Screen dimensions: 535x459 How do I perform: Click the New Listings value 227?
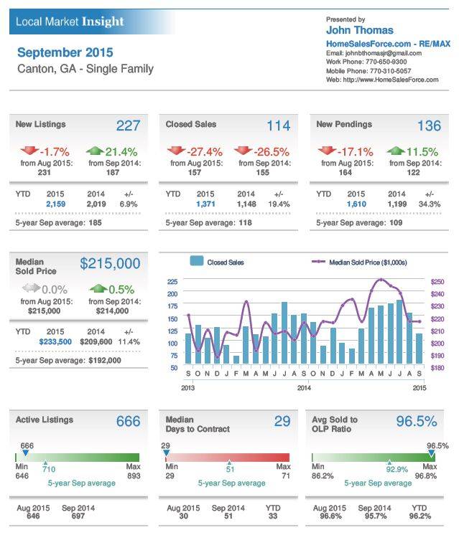click(128, 126)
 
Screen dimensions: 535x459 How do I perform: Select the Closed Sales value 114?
click(278, 126)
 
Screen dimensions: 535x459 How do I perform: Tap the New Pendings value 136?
click(429, 126)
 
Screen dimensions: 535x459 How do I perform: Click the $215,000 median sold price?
click(110, 263)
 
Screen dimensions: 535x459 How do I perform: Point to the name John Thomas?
click(360, 30)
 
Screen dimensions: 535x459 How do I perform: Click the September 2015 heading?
click(65, 52)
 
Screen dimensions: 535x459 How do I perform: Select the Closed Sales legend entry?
click(218, 262)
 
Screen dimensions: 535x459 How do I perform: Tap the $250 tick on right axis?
click(437, 282)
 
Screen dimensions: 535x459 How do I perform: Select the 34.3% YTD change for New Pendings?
click(429, 204)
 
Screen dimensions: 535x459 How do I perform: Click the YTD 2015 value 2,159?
click(55, 204)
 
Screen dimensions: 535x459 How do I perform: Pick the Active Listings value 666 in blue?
click(128, 421)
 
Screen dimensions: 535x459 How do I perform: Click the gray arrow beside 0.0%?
click(30, 288)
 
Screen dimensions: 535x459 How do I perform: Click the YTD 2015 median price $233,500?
click(55, 342)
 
